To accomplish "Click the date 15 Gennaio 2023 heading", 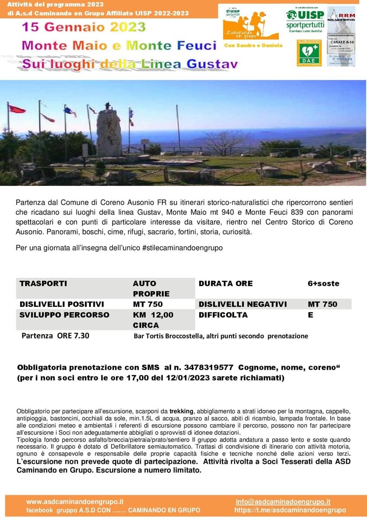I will coord(84,27).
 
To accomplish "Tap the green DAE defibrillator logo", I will coord(309,53).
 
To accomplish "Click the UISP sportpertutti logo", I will coord(305,20).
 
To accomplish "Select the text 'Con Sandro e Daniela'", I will coord(253,45).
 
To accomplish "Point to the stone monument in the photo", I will coord(109,133).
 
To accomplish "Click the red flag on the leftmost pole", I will coord(17,109).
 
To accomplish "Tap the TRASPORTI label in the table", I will coord(43,283).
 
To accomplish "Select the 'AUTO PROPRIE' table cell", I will coord(151,289).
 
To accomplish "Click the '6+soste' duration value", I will coord(323,283).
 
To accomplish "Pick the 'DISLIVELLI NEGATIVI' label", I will coord(242,304).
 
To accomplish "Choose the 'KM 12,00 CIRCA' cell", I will coord(153,320).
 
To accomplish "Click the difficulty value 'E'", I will coord(310,315).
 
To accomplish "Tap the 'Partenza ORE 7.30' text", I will coord(55,335).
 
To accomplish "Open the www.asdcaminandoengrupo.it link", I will coord(75,502).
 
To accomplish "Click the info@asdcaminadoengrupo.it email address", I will coord(283,502).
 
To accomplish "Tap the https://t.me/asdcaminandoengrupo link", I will coord(290,510).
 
